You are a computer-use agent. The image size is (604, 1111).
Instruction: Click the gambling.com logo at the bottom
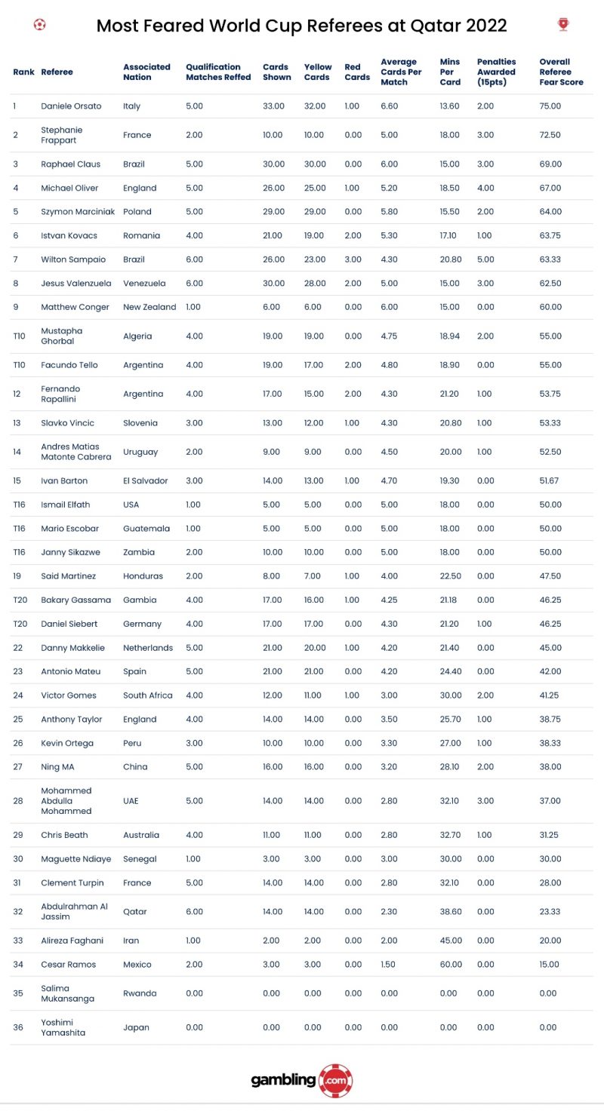pos(301,1080)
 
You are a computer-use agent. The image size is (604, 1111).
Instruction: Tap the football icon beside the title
pos(40,24)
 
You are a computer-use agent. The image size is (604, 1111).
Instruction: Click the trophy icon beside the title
pos(563,24)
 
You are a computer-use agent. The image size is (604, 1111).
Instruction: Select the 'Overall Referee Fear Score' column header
pos(561,72)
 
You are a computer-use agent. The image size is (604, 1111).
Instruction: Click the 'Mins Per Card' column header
pos(450,72)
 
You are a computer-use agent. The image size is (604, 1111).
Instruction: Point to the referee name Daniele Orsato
pos(71,106)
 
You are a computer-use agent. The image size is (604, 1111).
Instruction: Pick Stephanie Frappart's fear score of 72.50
pos(550,135)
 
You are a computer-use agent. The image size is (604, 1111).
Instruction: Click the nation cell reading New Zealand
pos(149,307)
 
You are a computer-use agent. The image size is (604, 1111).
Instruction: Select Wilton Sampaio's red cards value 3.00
pos(353,259)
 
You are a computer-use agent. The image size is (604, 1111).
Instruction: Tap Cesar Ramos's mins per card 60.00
pos(450,965)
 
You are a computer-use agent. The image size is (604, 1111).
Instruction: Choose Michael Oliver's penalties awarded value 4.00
pos(485,188)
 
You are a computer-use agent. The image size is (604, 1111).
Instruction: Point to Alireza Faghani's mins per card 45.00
pos(450,941)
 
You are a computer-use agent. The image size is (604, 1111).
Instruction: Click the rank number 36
pos(18,1027)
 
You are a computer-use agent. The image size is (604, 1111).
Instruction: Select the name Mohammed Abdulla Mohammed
pos(66,801)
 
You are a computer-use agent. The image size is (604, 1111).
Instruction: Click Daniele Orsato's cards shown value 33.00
pos(273,106)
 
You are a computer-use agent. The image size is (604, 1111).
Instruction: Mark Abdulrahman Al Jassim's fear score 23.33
pos(550,911)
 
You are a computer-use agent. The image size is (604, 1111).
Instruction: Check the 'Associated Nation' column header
pos(146,72)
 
